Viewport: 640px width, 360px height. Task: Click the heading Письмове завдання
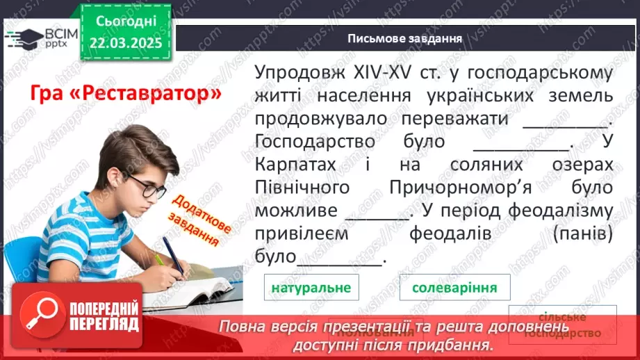[405, 38]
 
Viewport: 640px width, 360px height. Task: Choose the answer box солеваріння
[454, 287]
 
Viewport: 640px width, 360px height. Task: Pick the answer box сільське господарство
[562, 325]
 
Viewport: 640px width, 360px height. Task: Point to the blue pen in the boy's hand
[172, 254]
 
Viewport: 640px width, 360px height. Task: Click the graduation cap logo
[21, 37]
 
